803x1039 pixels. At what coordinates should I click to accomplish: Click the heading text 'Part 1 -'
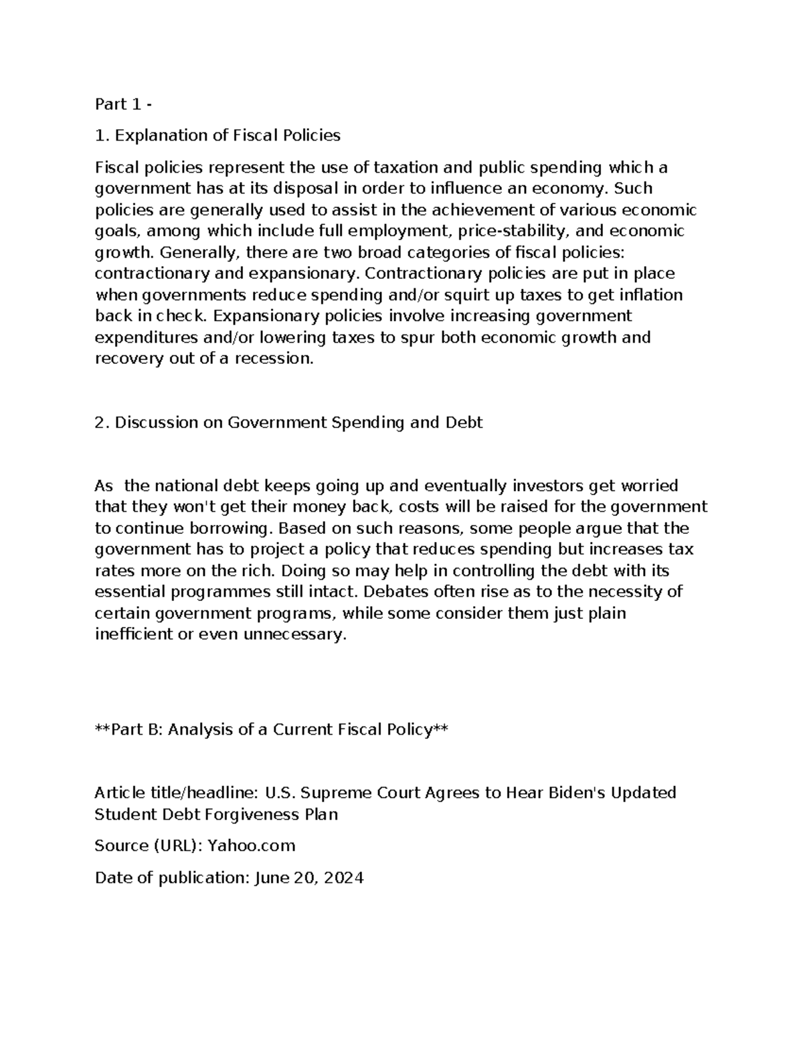123,104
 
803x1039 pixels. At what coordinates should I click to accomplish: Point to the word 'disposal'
304,189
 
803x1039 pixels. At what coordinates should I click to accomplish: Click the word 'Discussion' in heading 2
156,423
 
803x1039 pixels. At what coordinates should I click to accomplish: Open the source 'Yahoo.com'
251,846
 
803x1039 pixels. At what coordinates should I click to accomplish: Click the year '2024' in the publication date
343,878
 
